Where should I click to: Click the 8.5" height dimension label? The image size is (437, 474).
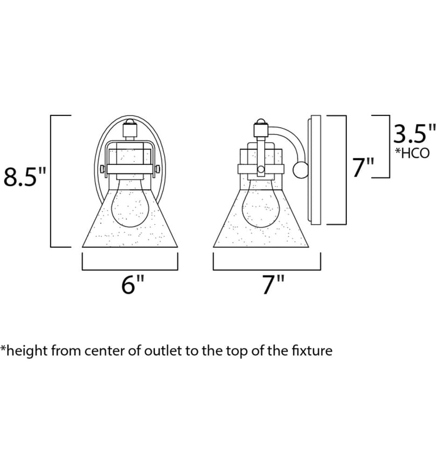tap(24, 177)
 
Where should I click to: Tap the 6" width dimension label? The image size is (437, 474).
tap(133, 285)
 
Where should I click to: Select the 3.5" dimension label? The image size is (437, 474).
tap(414, 134)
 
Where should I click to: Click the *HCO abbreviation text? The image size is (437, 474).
tap(412, 153)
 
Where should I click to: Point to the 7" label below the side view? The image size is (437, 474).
tap(273, 285)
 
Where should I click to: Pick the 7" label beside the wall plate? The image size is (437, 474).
tap(364, 167)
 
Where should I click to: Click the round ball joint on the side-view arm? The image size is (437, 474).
tap(301, 170)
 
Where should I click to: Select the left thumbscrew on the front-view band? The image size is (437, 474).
tap(103, 169)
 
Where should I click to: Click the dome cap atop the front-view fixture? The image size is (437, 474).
tap(130, 121)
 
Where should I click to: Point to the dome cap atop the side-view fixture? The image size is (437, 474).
tap(261, 122)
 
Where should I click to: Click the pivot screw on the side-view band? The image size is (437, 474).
tap(261, 169)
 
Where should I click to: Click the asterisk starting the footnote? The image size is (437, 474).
tap(3, 347)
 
